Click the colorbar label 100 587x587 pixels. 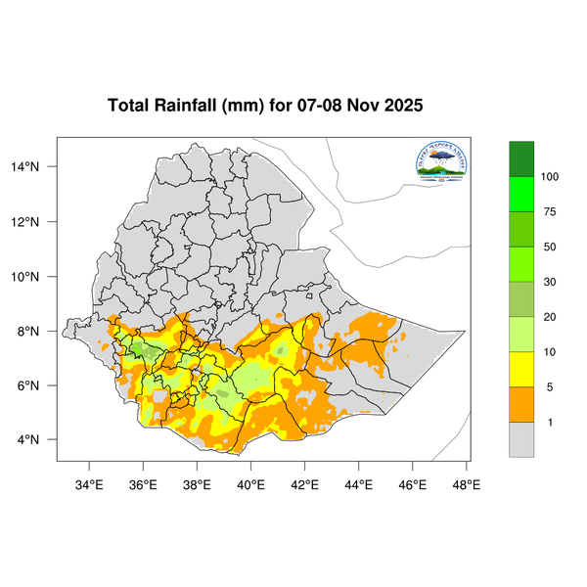[x=550, y=177]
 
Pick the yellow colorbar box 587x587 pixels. [x=521, y=369]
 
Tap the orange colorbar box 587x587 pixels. [x=521, y=404]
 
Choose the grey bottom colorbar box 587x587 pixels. [x=521, y=439]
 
